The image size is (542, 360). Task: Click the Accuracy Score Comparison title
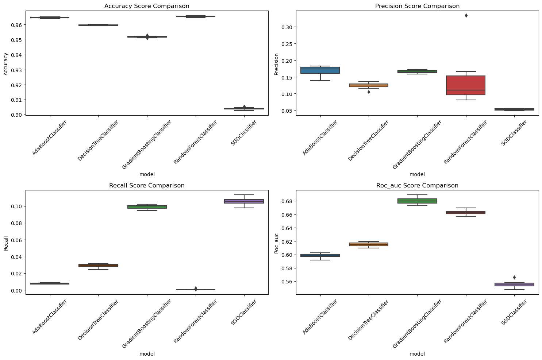(147, 6)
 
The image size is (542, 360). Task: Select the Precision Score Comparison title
(417, 6)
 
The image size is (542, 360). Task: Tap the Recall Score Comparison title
(147, 185)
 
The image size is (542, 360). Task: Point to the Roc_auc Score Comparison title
(417, 185)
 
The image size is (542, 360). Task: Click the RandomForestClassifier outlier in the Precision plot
(466, 15)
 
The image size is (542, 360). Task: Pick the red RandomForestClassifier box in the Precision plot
(466, 85)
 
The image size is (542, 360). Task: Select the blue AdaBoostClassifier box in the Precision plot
(320, 70)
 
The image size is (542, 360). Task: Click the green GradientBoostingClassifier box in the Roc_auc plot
(417, 201)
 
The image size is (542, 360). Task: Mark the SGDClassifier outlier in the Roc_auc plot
(514, 278)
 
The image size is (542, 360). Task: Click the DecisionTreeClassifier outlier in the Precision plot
(369, 92)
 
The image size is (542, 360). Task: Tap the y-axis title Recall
(6, 243)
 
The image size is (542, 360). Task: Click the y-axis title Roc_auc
(276, 243)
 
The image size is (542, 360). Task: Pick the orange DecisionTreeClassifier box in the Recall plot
(98, 266)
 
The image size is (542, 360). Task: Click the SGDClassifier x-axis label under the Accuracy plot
(244, 133)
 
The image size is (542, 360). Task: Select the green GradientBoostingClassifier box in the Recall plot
(147, 207)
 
